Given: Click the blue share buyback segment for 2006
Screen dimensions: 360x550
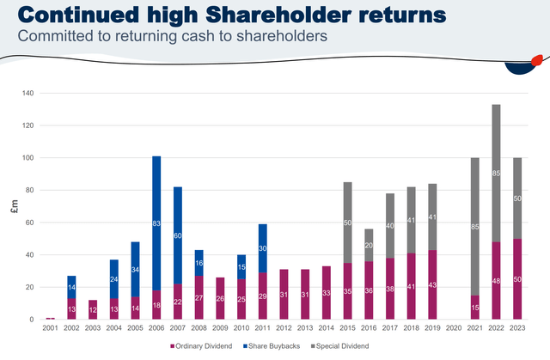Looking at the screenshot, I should (x=156, y=223).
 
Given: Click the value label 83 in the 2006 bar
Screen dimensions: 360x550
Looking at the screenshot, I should (x=156, y=223).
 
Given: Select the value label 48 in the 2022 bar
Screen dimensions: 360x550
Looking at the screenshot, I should (x=497, y=280).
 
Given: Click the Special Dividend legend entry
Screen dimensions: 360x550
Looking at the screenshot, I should (x=355, y=345).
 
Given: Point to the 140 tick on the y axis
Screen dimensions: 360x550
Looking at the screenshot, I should (x=28, y=93).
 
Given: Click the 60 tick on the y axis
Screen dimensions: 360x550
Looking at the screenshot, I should (x=30, y=223).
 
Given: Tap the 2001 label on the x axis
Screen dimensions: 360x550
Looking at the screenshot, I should (x=51, y=327).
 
